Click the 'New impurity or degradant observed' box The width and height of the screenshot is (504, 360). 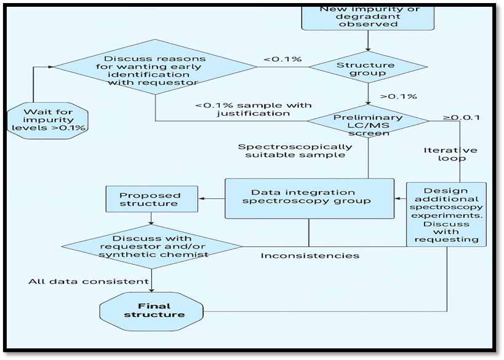pyautogui.click(x=367, y=17)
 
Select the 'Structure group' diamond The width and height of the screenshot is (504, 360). pyautogui.click(x=367, y=68)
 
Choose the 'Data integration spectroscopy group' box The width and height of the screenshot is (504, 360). pyautogui.click(x=308, y=198)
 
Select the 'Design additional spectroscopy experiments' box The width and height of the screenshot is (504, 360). pyautogui.click(x=446, y=214)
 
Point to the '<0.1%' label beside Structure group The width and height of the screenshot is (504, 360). pyautogui.click(x=282, y=59)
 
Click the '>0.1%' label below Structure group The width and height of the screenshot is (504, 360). pyautogui.click(x=398, y=97)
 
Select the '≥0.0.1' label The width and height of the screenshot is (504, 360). pyautogui.click(x=462, y=117)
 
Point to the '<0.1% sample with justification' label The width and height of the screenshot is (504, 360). pyautogui.click(x=253, y=110)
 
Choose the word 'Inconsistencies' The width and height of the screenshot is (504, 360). pyautogui.click(x=310, y=255)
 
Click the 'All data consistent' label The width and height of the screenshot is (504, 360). pyautogui.click(x=88, y=281)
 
